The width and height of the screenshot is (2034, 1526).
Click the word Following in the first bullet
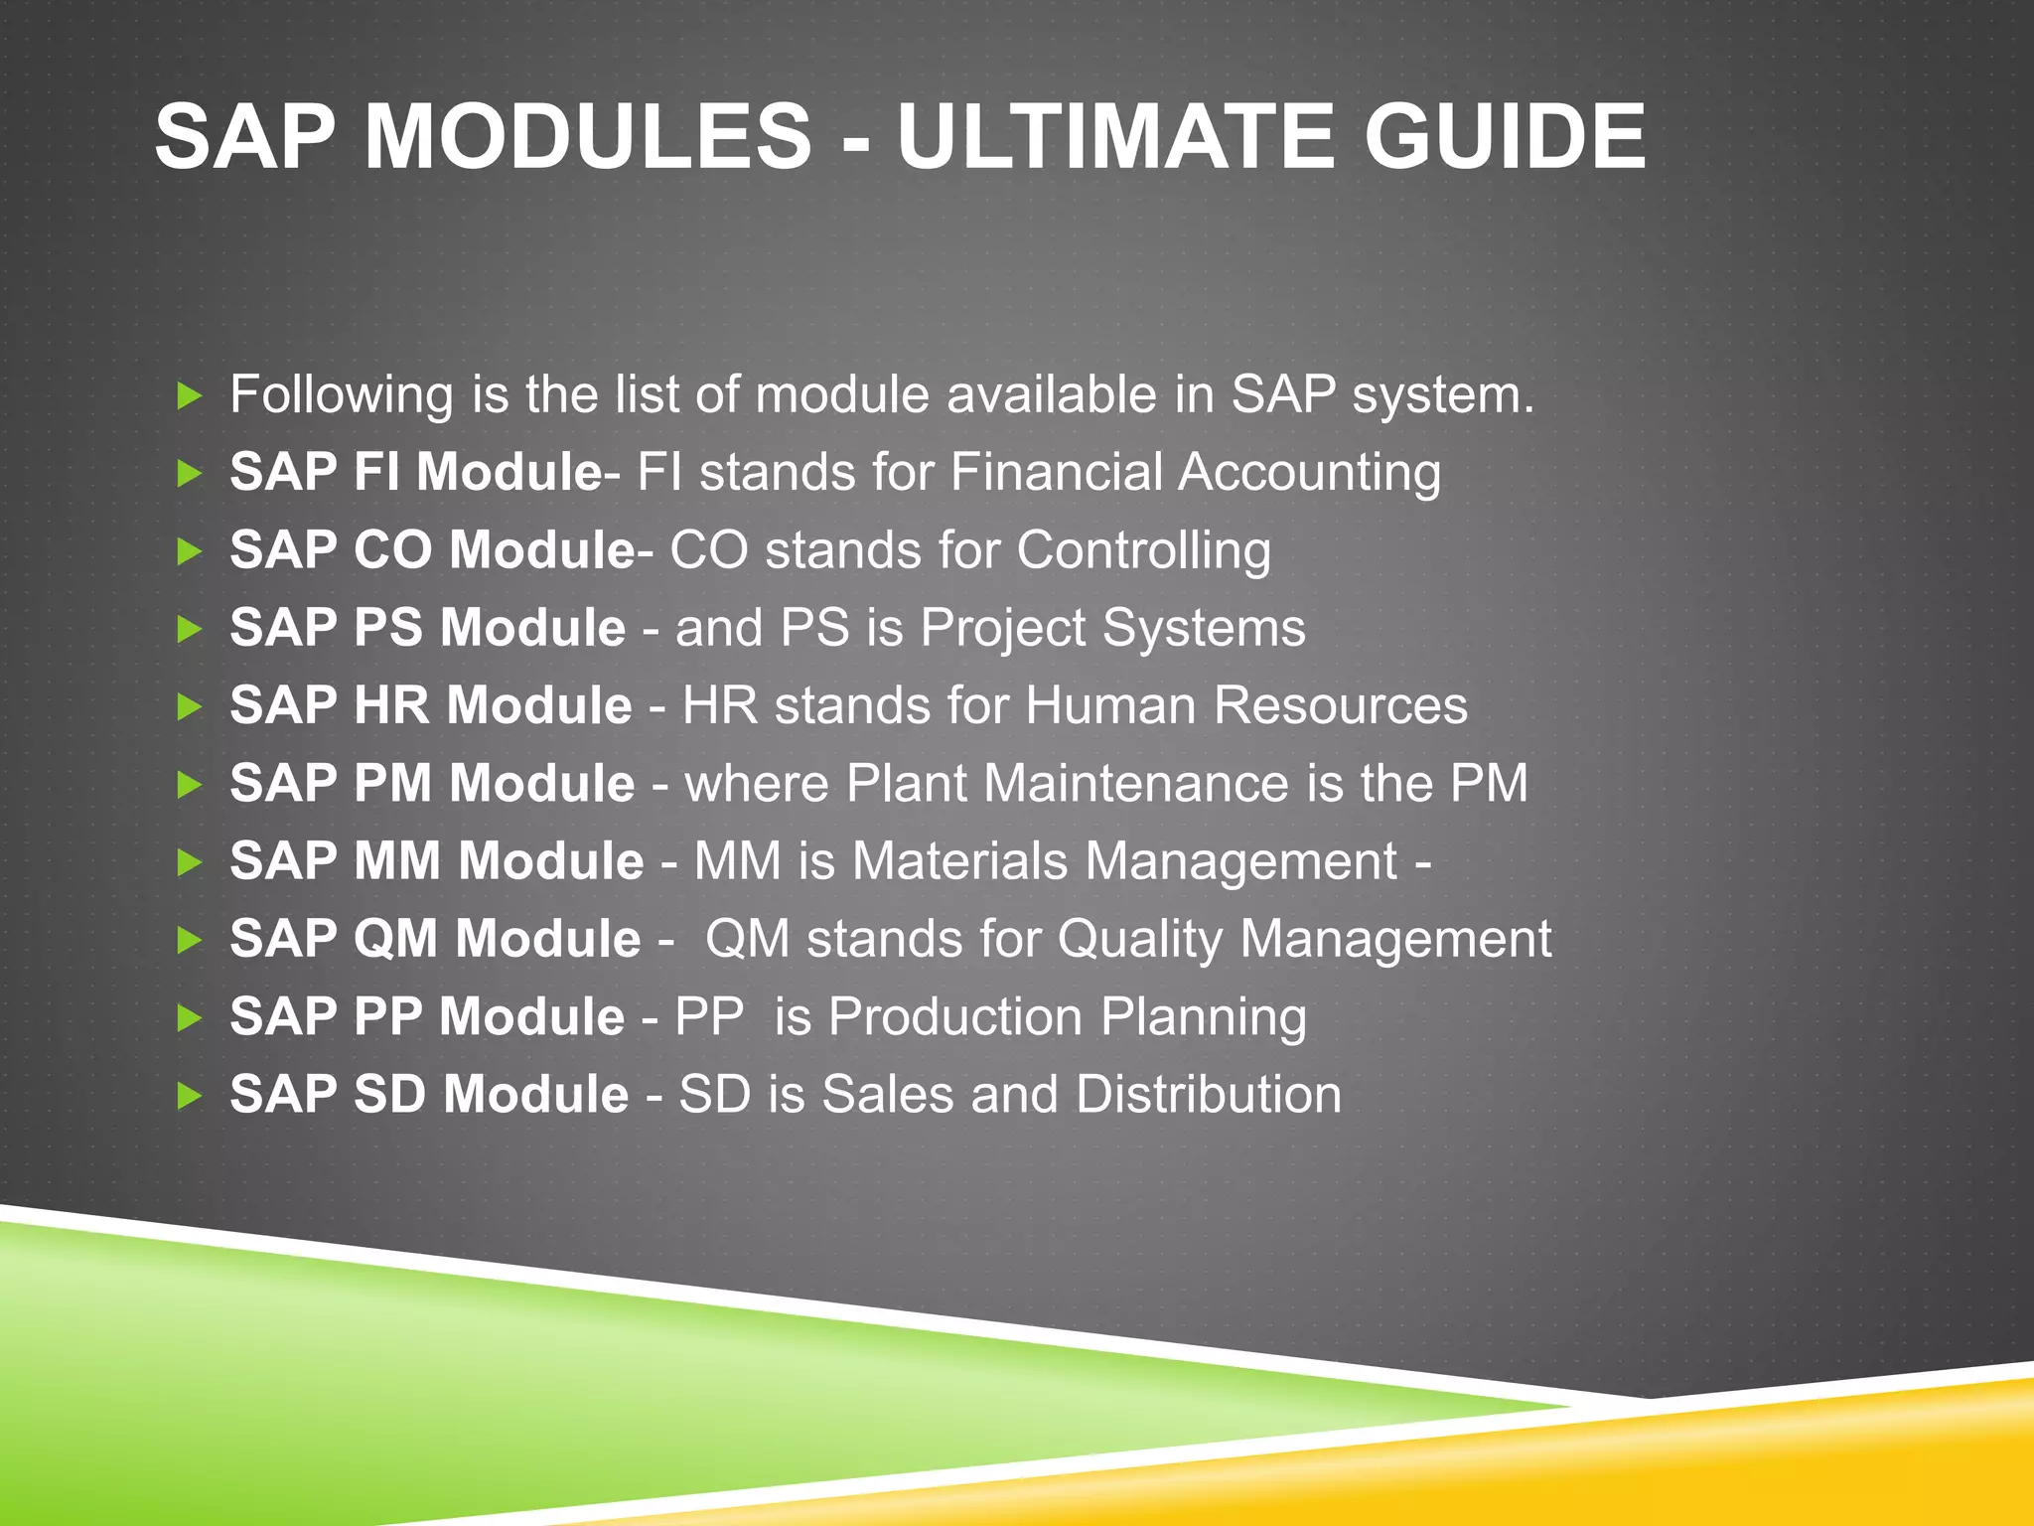pos(342,395)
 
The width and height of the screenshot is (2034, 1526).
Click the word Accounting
pos(1309,473)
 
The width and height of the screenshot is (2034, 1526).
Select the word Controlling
pos(1143,551)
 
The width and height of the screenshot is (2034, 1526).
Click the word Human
pos(1110,706)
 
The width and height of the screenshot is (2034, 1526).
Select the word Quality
pos(1139,940)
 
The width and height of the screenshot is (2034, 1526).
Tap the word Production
pos(954,1017)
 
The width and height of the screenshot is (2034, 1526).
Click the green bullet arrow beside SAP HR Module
pos(189,707)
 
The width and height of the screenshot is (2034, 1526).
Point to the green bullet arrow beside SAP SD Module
pos(189,1097)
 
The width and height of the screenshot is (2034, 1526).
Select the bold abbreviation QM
pos(395,939)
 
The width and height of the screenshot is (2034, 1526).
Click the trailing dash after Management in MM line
pos(1423,862)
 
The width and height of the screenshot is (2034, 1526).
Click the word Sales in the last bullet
pos(887,1095)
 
